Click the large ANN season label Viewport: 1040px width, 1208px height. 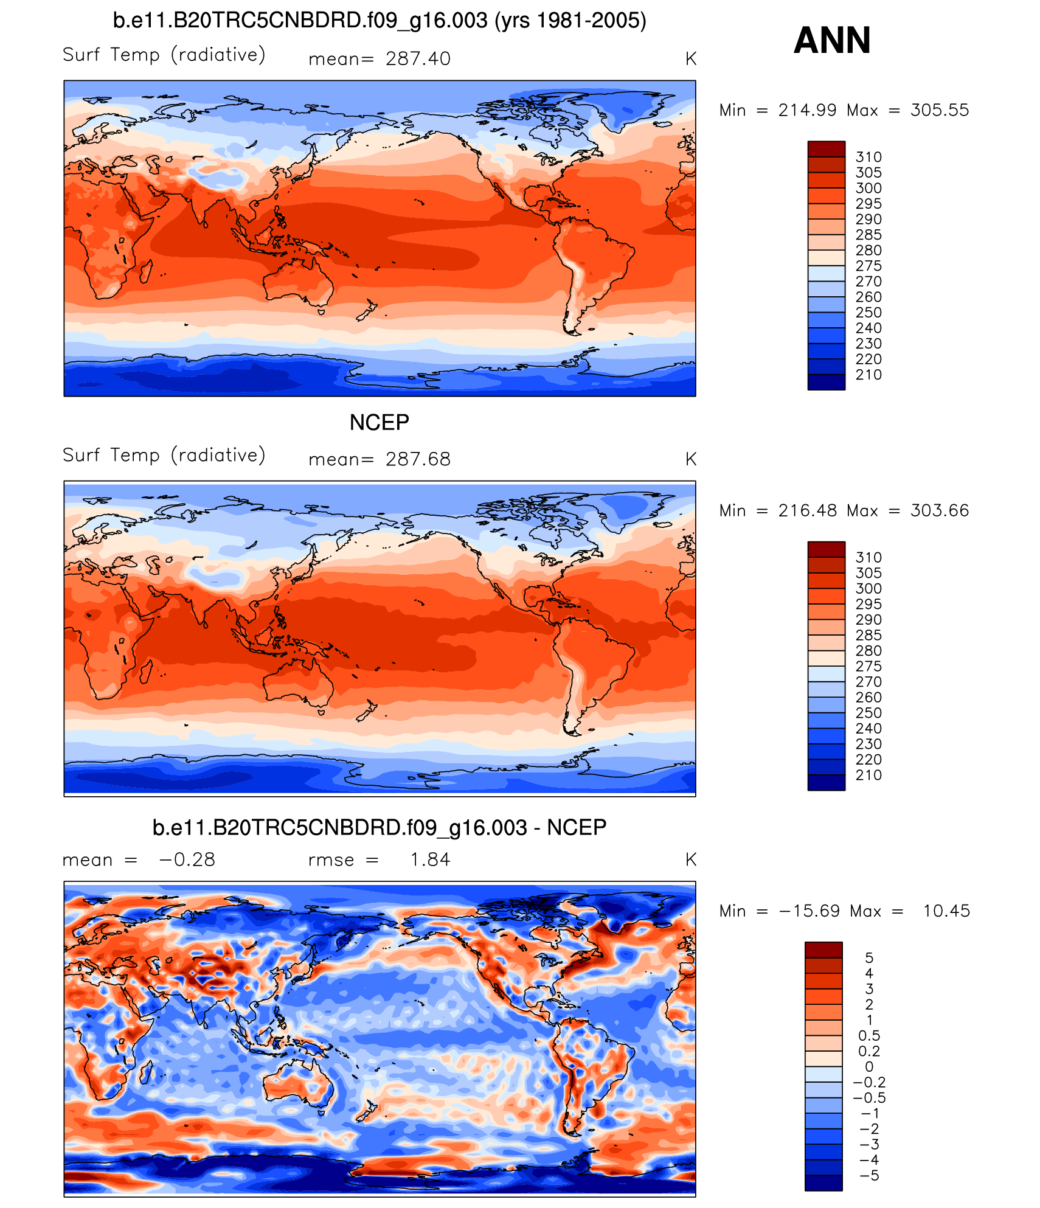point(831,40)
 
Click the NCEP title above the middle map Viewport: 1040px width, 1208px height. point(379,422)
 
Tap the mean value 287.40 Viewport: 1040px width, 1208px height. point(418,59)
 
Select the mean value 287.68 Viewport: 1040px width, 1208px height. point(418,459)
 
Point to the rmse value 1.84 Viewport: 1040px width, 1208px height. point(430,859)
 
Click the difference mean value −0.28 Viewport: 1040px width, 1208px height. point(187,859)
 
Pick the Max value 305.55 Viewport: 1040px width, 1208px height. point(939,110)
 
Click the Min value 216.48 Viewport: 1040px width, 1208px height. point(808,510)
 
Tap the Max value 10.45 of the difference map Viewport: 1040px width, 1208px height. point(946,911)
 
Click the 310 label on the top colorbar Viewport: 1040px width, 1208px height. point(868,157)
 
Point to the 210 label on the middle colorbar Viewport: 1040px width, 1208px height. point(868,775)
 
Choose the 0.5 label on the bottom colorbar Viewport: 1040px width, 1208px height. point(868,1035)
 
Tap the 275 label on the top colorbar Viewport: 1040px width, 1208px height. point(868,266)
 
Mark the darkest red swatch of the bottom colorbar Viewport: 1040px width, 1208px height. point(823,949)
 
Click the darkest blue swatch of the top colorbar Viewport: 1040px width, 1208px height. point(826,382)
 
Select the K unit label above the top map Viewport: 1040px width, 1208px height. point(690,59)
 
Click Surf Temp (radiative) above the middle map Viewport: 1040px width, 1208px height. point(164,455)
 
